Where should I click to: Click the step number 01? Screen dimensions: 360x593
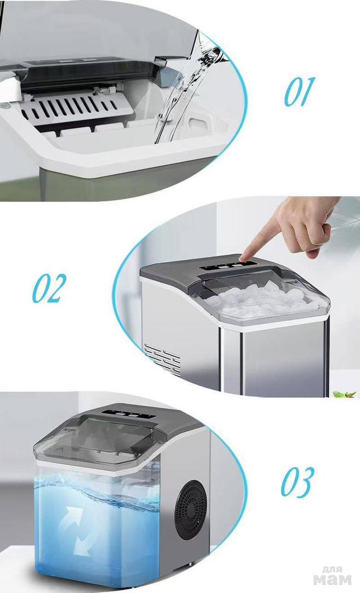299,92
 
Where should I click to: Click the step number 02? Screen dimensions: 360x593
49,288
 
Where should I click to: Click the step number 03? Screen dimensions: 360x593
297,482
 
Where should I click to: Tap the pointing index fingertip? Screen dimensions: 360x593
244,257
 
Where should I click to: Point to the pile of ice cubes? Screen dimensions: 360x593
261,299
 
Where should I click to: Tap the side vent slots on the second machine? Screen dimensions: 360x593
162,357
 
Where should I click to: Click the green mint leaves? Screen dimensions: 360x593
345,394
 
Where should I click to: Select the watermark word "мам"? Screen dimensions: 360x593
332,579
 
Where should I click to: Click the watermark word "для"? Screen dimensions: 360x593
332,569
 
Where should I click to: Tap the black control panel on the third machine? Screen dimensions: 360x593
127,414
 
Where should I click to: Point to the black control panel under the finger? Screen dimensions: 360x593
229,266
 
